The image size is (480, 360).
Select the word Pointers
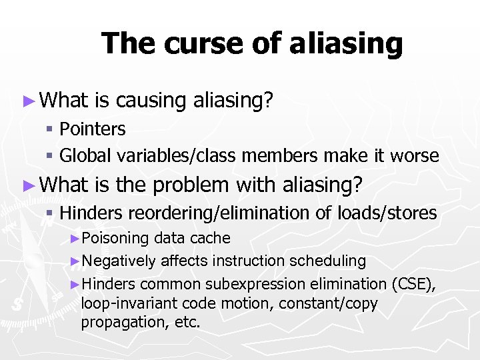pos(93,129)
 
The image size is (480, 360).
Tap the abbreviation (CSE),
pos(413,283)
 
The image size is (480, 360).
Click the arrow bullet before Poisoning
pos(75,239)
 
